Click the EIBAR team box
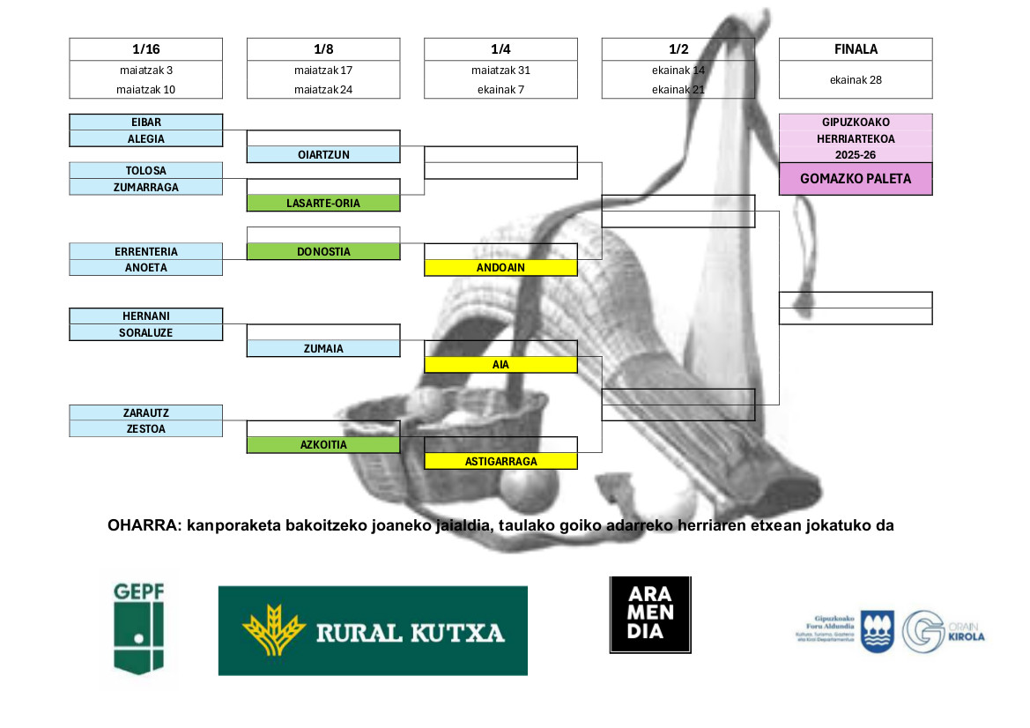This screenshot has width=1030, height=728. coord(146,123)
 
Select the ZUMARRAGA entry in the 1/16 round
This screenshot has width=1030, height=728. coord(146,187)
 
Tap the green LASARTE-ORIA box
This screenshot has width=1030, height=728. coord(323,203)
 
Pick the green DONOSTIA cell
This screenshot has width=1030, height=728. coord(323,251)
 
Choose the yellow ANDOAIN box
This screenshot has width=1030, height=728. coord(500,267)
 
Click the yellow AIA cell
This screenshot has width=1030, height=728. coord(500,364)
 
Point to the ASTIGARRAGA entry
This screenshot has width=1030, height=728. coord(500,461)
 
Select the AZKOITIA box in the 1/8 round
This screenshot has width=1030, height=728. coord(323,445)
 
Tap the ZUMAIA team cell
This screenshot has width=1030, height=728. coord(323,348)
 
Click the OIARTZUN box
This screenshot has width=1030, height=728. coord(323,154)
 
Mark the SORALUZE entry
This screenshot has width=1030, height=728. coord(146,332)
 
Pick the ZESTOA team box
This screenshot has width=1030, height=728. coord(146,428)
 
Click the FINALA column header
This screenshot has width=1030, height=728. coord(856,49)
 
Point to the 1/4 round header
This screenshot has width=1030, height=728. coord(500,49)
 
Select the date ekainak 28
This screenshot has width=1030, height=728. coord(856,79)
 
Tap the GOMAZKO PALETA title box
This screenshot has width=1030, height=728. coord(856,179)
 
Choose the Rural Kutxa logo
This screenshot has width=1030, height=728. coord(373,631)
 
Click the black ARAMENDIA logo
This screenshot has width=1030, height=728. coord(650,615)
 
